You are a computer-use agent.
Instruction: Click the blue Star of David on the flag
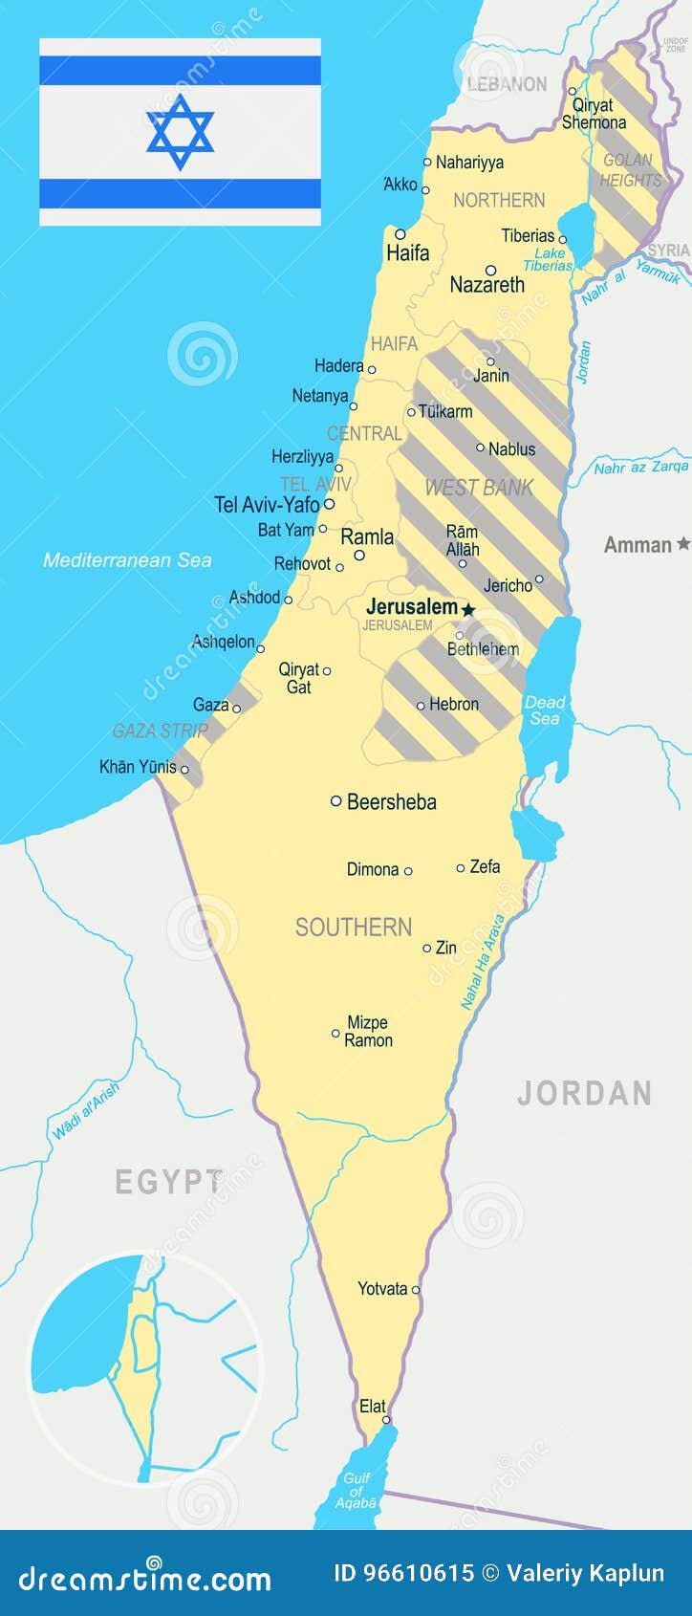(x=180, y=131)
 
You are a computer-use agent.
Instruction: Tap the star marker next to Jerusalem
(x=468, y=608)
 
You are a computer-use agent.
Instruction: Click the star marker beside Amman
(x=682, y=544)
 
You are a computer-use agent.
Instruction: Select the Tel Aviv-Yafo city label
(x=267, y=504)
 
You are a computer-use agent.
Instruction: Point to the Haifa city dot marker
(x=400, y=234)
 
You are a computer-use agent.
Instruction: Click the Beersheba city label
(x=391, y=802)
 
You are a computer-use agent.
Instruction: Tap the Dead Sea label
(x=545, y=710)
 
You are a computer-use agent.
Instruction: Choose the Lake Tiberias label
(x=549, y=259)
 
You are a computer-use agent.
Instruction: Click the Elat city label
(x=372, y=1406)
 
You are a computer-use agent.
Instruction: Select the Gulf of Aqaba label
(x=357, y=1490)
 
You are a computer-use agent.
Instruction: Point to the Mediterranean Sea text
(x=127, y=560)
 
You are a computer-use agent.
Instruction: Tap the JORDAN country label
(x=584, y=1093)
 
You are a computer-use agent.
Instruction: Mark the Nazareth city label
(x=487, y=285)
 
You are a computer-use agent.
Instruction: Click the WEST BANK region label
(x=478, y=488)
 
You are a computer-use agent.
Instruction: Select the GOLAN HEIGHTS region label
(x=630, y=170)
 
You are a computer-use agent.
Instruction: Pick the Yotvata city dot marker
(x=416, y=1289)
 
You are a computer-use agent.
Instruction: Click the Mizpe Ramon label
(x=368, y=1032)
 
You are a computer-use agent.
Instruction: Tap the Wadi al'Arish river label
(x=86, y=1109)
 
